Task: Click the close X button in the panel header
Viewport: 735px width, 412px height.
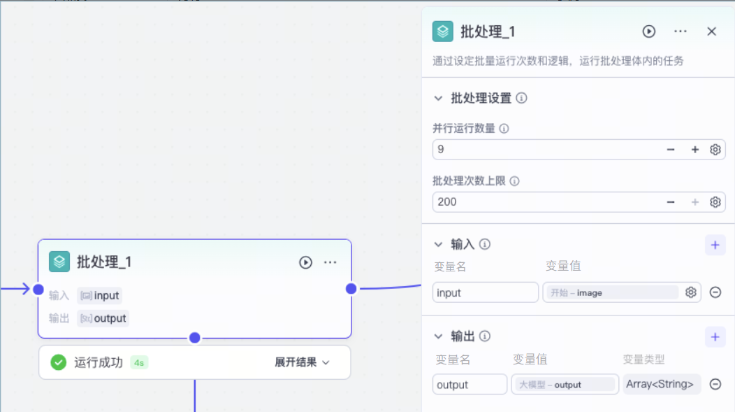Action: coord(711,31)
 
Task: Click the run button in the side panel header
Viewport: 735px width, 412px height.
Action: coord(649,31)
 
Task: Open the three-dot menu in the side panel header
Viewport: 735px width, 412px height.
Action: coord(681,31)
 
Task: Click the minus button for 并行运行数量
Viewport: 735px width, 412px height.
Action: coord(671,150)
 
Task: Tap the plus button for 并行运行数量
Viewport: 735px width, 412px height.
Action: coord(694,150)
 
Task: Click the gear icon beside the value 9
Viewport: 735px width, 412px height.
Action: coord(715,150)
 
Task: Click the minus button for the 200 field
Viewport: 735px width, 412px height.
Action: coord(671,202)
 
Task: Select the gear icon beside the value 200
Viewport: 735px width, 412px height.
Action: coord(715,202)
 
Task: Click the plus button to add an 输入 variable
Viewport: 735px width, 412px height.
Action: coord(715,245)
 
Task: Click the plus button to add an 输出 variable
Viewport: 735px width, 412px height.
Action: coord(715,337)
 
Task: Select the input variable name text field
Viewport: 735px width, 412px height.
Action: coord(485,292)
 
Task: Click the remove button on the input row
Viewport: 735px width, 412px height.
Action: coord(715,292)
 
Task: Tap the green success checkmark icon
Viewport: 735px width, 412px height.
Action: coord(59,362)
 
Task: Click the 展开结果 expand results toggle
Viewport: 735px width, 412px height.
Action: coord(303,362)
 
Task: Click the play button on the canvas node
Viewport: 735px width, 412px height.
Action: coord(305,262)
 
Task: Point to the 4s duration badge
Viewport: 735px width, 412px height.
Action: coord(139,363)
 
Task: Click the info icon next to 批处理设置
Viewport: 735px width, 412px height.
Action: coord(521,98)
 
